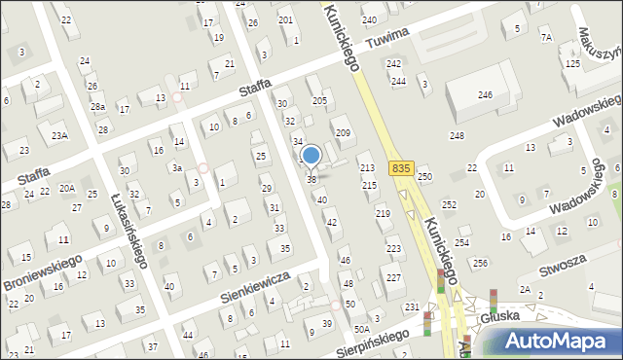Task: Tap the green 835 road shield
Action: point(399,168)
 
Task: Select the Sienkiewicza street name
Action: point(257,282)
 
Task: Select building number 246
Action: point(485,94)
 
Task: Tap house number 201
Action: point(285,19)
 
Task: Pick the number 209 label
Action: point(342,132)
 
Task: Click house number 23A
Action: point(60,135)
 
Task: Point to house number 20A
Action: point(66,188)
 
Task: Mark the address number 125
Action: point(573,63)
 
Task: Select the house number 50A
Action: point(361,304)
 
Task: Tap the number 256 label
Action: point(480,264)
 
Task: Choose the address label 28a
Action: point(97,106)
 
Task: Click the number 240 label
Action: point(369,19)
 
